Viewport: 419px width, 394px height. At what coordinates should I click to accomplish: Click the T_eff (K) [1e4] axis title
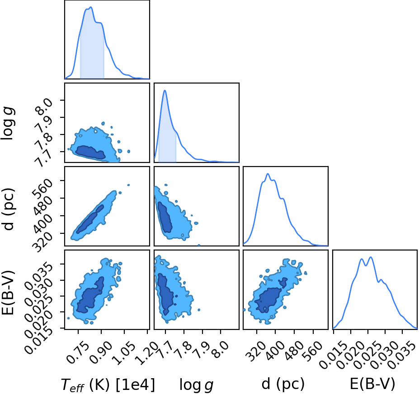pyautogui.click(x=108, y=385)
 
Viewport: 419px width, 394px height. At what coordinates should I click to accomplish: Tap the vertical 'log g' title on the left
pyautogui.click(x=8, y=123)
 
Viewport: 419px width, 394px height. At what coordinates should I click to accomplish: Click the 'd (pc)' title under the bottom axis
pyautogui.click(x=283, y=384)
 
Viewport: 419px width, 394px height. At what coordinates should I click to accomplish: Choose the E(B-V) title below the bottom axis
pyautogui.click(x=372, y=384)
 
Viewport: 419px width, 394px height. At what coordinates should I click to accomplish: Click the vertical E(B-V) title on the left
pyautogui.click(x=8, y=292)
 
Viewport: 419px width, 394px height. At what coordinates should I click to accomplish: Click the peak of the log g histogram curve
pyautogui.click(x=165, y=90)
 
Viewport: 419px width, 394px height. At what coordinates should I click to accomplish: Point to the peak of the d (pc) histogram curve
pyautogui.click(x=268, y=174)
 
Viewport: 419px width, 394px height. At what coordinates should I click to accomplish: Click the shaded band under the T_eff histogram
pyautogui.click(x=92, y=53)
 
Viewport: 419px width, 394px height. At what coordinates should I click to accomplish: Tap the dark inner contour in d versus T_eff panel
pyautogui.click(x=90, y=219)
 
